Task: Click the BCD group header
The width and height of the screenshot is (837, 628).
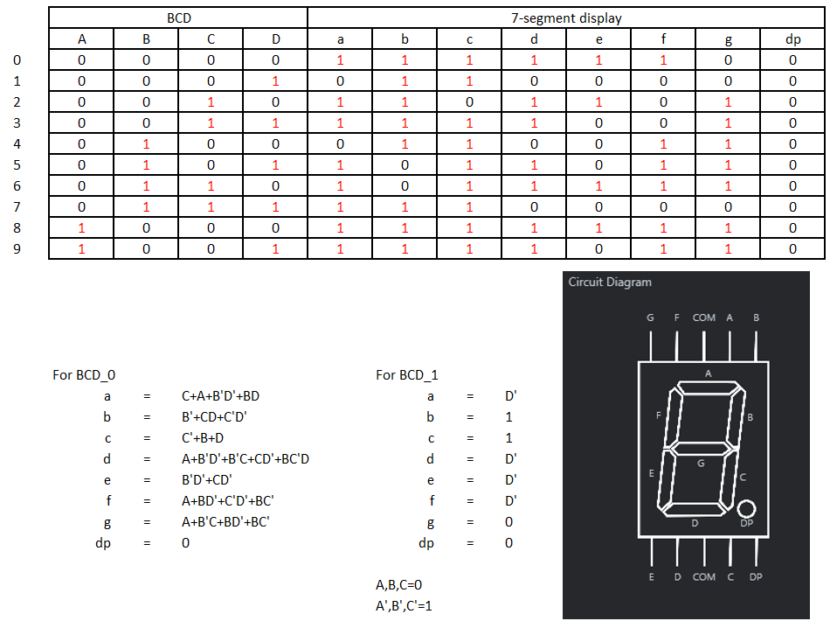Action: click(179, 18)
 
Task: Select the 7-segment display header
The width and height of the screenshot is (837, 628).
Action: click(566, 18)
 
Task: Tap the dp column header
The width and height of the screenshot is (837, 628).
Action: click(792, 39)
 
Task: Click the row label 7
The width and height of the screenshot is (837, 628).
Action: click(17, 206)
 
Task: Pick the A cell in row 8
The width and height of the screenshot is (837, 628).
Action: click(81, 228)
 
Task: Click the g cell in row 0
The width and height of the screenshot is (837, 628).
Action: click(728, 60)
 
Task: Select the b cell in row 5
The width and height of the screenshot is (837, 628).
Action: click(405, 165)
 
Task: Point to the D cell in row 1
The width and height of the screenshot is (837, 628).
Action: click(275, 81)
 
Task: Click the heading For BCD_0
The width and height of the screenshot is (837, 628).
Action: click(84, 375)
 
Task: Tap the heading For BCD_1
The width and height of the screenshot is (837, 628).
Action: click(407, 375)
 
